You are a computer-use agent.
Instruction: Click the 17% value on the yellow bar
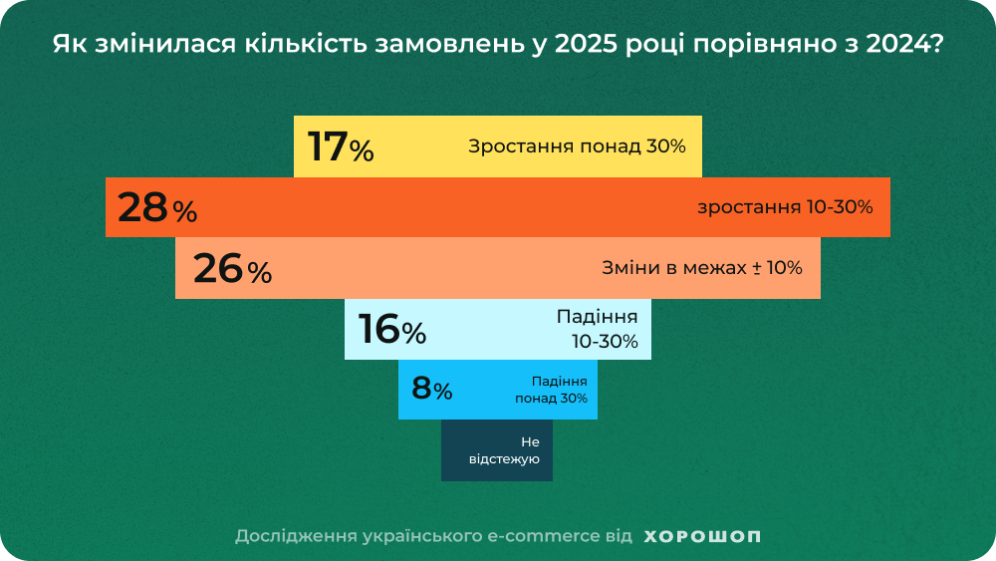(x=341, y=146)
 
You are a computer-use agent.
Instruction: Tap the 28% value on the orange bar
(x=157, y=208)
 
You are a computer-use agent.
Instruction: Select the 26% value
(x=232, y=269)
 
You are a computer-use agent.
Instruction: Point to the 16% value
(x=392, y=330)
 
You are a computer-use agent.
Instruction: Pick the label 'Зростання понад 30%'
(x=577, y=146)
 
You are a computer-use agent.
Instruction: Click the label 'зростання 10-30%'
(x=785, y=207)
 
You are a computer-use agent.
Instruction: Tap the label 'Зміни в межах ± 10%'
(x=701, y=268)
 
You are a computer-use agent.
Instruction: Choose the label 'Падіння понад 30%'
(x=551, y=390)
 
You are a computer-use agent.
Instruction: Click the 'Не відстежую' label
(x=504, y=450)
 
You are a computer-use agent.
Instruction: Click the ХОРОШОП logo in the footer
(x=702, y=536)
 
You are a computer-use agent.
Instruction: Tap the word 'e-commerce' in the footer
(x=543, y=536)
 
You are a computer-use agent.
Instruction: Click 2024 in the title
(x=900, y=46)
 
